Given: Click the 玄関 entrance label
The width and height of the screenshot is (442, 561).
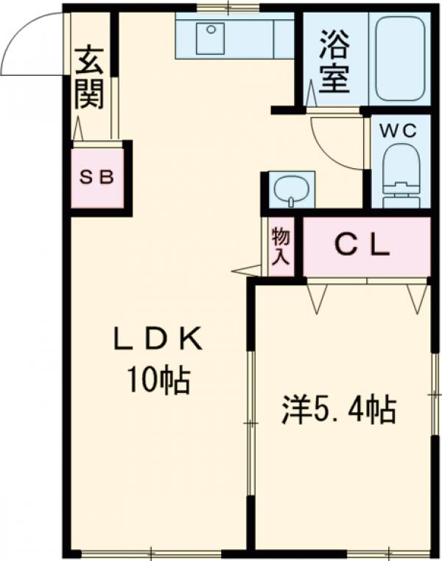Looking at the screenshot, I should [x=89, y=77].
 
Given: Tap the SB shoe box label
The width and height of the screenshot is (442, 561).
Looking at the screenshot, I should [x=97, y=178].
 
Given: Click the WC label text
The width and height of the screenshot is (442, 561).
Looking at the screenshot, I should [x=399, y=130].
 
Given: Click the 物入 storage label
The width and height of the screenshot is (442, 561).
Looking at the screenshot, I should [x=281, y=246].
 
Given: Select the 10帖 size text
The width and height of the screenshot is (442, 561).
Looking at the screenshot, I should [x=157, y=380].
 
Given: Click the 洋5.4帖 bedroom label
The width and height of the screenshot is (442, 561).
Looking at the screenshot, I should [x=339, y=410].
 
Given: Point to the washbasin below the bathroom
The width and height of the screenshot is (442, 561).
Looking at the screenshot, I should [x=290, y=189].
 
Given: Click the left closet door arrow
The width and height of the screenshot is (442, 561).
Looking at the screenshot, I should [x=318, y=297].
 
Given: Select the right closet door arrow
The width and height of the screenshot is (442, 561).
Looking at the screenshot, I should [x=417, y=297].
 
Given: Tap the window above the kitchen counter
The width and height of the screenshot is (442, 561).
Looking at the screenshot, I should [x=228, y=9].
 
